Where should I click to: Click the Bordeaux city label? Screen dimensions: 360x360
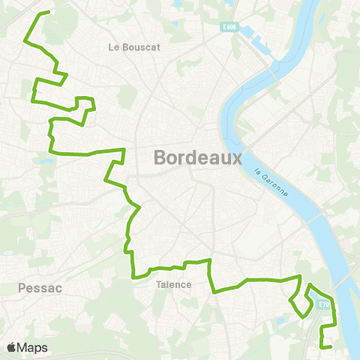click(x=198, y=158)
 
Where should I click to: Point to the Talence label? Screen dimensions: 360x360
click(x=174, y=284)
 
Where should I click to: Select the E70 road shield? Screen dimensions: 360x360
click(x=323, y=304)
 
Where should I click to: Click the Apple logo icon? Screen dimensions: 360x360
click(x=11, y=347)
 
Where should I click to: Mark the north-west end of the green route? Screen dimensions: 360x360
click(x=49, y=12)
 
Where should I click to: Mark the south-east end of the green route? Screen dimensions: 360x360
click(x=331, y=346)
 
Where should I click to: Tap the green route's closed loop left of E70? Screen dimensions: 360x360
click(x=303, y=301)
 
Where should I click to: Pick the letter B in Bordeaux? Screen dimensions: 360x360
click(x=160, y=158)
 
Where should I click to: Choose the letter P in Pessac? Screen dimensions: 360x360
click(x=22, y=287)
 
